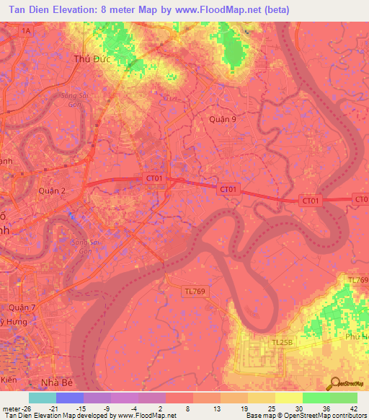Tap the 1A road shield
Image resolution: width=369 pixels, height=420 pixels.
[x=27, y=30]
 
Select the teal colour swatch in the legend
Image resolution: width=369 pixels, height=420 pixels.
[x=42, y=397]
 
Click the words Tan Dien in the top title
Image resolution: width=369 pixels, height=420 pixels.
[x=30, y=9]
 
